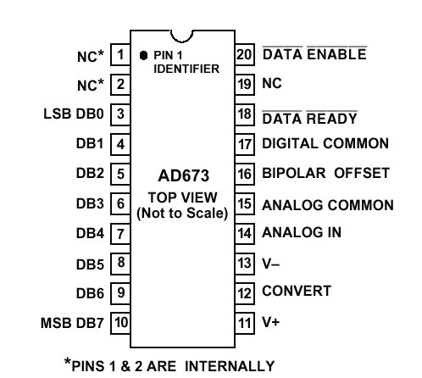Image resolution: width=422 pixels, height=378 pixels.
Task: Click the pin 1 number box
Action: click(x=120, y=54)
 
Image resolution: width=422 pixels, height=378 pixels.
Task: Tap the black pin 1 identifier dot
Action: click(x=143, y=55)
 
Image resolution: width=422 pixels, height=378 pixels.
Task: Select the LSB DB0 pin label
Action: click(x=74, y=114)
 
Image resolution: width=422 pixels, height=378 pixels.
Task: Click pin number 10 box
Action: click(x=121, y=323)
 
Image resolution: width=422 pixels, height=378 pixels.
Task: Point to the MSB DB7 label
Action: click(x=72, y=323)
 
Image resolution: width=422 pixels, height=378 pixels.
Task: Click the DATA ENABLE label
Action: click(x=314, y=54)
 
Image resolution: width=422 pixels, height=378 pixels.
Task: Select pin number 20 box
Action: click(x=245, y=54)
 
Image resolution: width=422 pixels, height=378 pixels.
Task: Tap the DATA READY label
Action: click(x=310, y=118)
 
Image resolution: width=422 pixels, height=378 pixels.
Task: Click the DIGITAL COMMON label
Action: click(x=325, y=143)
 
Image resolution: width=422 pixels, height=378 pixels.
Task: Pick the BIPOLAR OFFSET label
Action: click(x=326, y=173)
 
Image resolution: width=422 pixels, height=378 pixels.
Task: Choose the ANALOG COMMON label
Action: click(x=328, y=205)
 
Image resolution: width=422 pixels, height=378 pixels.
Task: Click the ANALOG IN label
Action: click(x=302, y=232)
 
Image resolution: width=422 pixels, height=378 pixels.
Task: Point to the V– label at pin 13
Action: click(x=271, y=264)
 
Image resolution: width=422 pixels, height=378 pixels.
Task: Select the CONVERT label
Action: click(x=297, y=291)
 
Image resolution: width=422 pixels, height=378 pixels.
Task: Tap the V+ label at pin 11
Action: click(x=271, y=322)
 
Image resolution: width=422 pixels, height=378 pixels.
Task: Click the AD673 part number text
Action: click(x=184, y=175)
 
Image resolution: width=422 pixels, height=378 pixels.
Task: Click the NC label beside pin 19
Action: click(x=272, y=84)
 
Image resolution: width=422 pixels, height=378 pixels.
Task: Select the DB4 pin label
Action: click(x=90, y=234)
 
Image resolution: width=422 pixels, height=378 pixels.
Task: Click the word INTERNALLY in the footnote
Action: click(x=230, y=366)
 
